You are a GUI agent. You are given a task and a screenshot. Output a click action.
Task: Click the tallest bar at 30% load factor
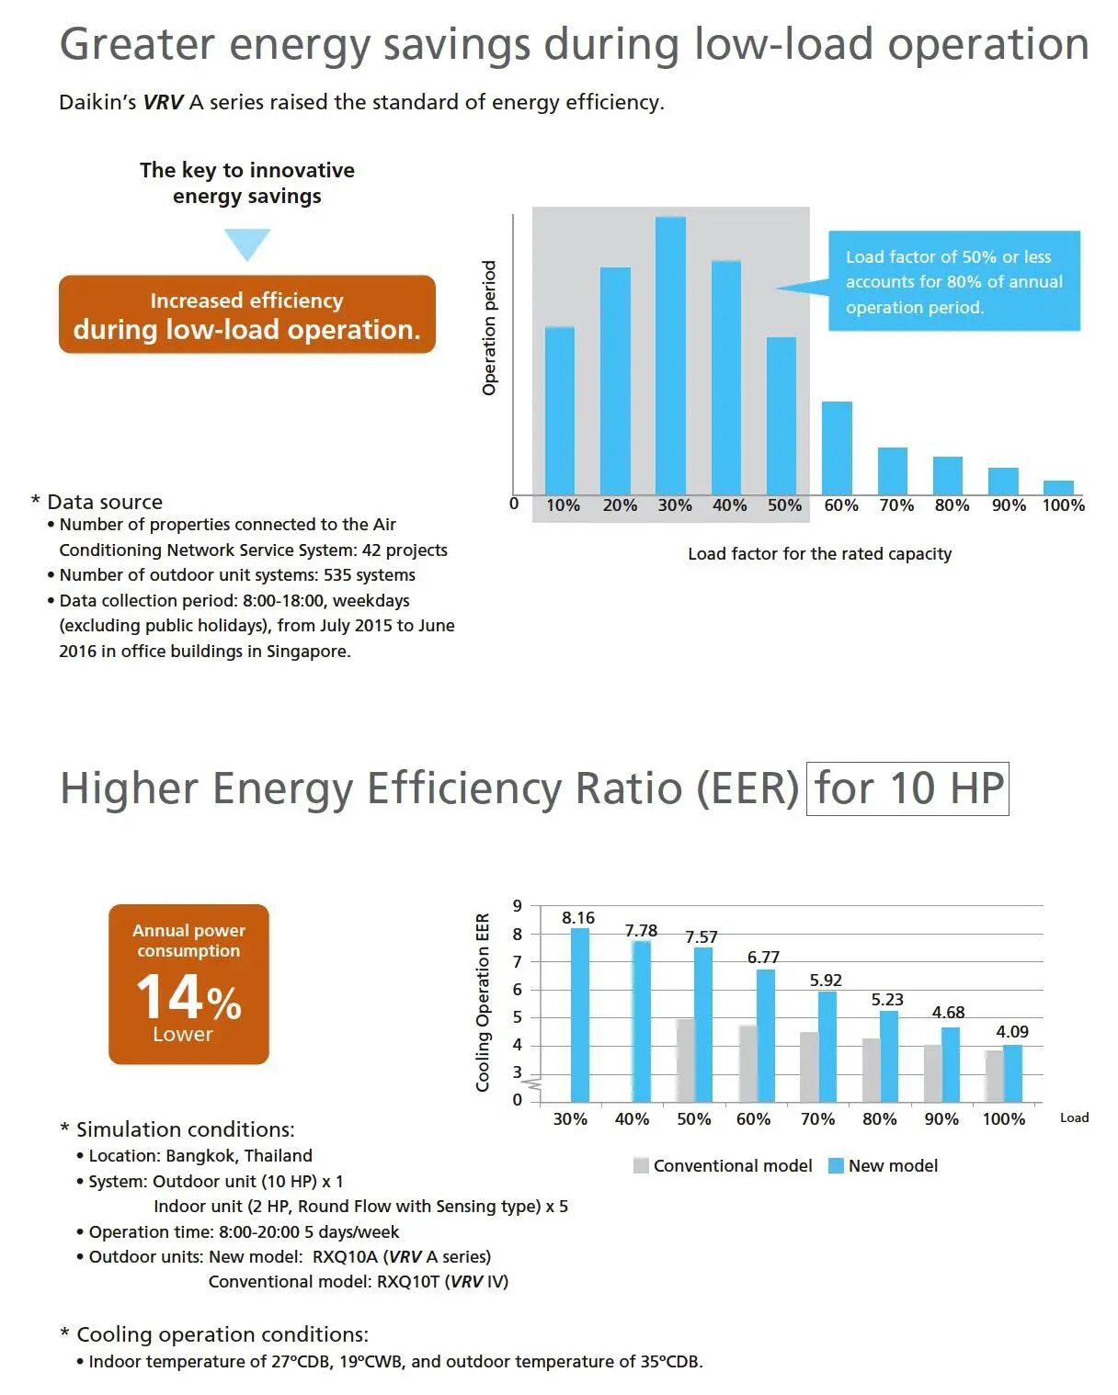click(670, 356)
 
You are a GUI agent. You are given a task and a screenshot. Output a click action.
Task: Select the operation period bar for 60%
click(837, 448)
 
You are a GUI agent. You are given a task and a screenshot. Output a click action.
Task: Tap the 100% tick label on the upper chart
click(1063, 505)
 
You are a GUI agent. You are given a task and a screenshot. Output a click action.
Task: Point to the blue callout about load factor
click(953, 281)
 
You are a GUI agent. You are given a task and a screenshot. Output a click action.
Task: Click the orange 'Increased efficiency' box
click(246, 314)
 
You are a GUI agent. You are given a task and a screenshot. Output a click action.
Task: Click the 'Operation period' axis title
click(489, 328)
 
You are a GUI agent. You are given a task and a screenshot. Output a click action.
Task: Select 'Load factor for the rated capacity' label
click(819, 554)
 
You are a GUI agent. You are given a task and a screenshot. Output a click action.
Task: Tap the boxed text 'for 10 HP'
click(907, 788)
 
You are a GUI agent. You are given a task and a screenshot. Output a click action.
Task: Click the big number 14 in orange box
click(170, 997)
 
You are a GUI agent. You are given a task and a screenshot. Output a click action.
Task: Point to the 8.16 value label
click(578, 918)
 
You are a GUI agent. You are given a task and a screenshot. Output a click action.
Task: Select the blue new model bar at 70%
click(827, 1046)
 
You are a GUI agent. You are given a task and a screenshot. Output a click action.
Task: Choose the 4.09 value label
click(1012, 1032)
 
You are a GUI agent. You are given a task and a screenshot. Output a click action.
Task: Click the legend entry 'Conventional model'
click(723, 1166)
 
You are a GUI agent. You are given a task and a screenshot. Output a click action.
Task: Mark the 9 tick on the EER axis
click(518, 906)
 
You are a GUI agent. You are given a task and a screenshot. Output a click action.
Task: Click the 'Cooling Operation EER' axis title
click(483, 1003)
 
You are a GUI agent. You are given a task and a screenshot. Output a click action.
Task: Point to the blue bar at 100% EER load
click(1012, 1072)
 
